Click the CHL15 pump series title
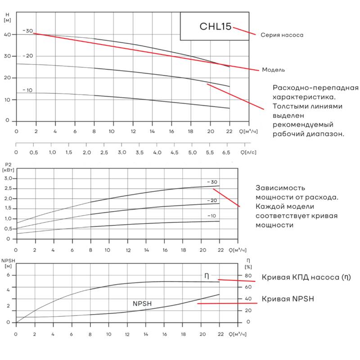[215, 27]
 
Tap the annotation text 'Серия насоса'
[282, 35]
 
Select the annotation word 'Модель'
[274, 70]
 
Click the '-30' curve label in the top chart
[28, 31]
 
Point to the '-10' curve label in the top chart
[27, 90]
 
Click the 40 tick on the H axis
[7, 35]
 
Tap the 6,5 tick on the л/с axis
[227, 153]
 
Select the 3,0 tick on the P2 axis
[9, 179]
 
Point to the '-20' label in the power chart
[212, 201]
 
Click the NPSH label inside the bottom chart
[142, 304]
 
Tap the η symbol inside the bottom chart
[207, 276]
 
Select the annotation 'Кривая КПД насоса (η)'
[306, 277]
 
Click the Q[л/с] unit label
[248, 153]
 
